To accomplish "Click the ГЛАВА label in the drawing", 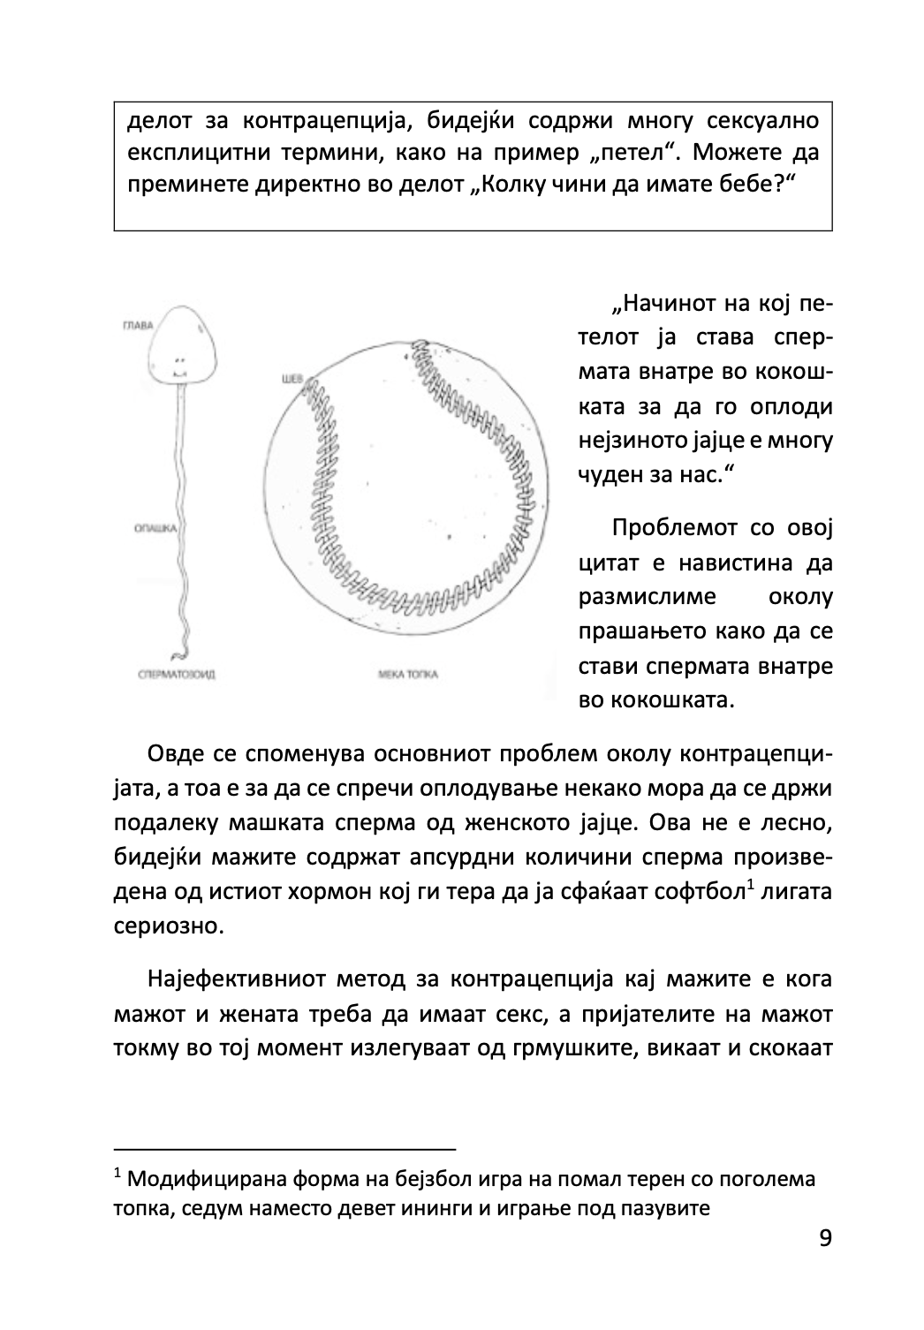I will pos(136,326).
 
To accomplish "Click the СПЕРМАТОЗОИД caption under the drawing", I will pos(178,675).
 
